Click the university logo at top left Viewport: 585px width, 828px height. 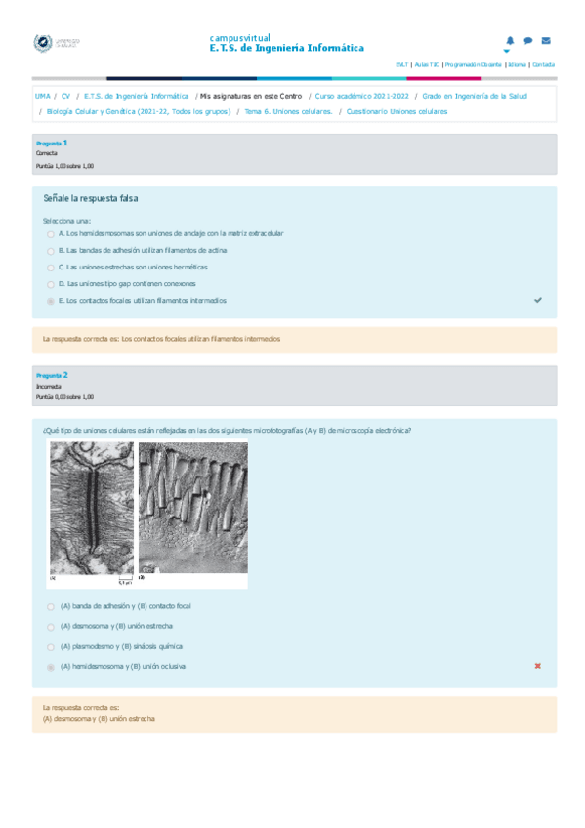click(58, 43)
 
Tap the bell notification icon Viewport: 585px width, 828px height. click(510, 41)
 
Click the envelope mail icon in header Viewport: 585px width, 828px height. click(546, 41)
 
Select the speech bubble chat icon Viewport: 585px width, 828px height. click(528, 41)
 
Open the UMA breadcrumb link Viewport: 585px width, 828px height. click(43, 97)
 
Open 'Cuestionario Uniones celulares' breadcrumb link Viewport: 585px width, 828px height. click(397, 111)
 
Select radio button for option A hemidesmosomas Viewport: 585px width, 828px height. click(51, 235)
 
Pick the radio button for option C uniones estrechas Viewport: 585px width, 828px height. click(51, 268)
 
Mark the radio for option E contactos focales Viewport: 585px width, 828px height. click(51, 301)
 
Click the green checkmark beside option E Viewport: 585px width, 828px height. click(538, 300)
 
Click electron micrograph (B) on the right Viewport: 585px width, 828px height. click(193, 508)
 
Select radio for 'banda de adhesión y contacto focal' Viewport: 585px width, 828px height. click(51, 606)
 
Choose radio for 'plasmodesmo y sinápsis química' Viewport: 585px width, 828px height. click(51, 647)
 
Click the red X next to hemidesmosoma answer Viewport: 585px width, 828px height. click(538, 666)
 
